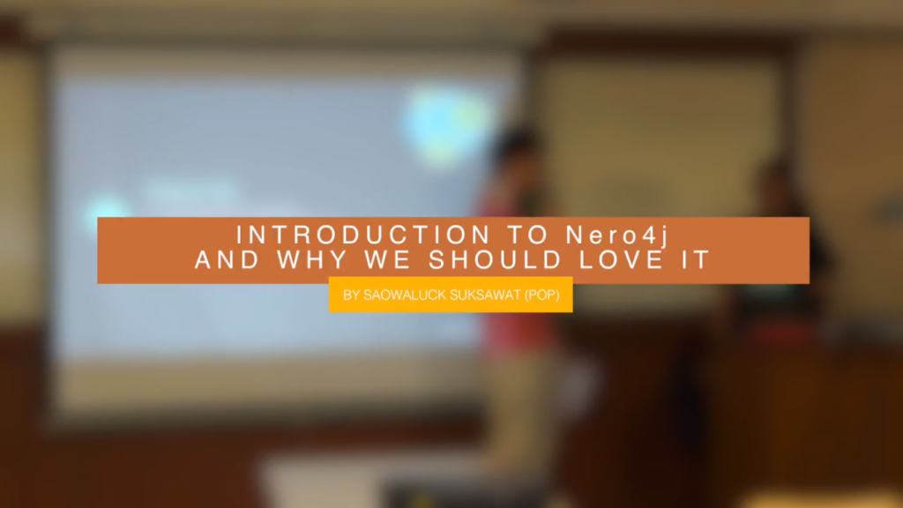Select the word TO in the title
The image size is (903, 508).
[527, 235]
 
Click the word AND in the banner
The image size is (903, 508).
[227, 260]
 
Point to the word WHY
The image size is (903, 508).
[312, 260]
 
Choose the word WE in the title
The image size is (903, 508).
[388, 260]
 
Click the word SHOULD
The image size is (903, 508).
[495, 260]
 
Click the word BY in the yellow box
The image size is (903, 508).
[351, 295]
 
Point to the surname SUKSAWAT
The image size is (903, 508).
[485, 295]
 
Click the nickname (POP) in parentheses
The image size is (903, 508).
[542, 295]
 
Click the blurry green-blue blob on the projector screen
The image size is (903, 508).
[444, 123]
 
